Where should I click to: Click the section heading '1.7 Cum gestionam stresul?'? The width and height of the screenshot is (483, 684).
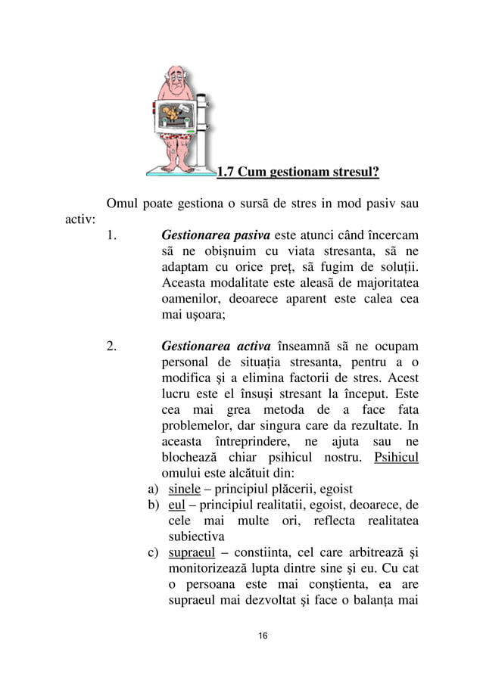[298, 172]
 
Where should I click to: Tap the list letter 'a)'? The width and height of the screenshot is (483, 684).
[152, 488]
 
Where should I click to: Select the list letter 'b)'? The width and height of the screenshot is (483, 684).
[152, 505]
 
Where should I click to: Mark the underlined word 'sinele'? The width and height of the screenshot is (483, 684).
[182, 488]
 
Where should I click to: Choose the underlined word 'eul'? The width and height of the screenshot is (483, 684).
[176, 505]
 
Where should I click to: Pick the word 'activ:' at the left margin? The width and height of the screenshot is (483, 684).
[77, 219]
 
